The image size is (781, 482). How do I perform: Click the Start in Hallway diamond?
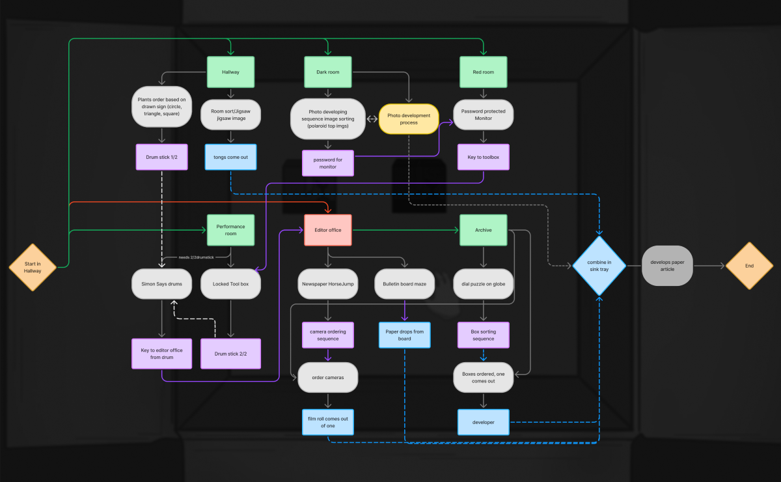(33, 266)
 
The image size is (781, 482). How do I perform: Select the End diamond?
(749, 266)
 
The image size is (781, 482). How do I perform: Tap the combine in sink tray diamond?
(599, 266)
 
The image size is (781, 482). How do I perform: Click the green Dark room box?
(328, 72)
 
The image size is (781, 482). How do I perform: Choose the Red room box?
(483, 72)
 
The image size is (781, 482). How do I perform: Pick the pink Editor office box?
(328, 230)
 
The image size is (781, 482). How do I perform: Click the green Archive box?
(483, 230)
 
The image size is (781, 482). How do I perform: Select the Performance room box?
(230, 230)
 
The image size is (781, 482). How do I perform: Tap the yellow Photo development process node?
(409, 119)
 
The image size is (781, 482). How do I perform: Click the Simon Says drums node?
(161, 284)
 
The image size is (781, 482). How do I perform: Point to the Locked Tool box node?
(230, 284)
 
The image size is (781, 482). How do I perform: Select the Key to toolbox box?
(483, 157)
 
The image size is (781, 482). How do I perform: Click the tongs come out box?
(230, 157)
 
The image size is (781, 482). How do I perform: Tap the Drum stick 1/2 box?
(161, 157)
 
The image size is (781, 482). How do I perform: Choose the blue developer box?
(483, 422)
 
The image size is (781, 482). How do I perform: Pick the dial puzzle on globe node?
(483, 284)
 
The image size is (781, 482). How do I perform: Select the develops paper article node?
(667, 266)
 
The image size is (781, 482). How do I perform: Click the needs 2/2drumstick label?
(196, 257)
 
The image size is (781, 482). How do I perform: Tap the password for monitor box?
(328, 163)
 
